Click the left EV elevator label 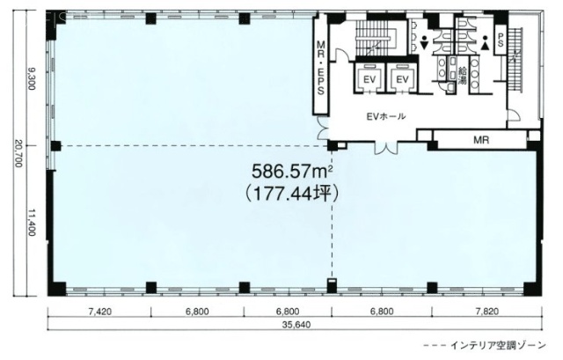[x=369, y=80]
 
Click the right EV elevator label [x=403, y=80]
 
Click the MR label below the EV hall [x=480, y=139]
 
